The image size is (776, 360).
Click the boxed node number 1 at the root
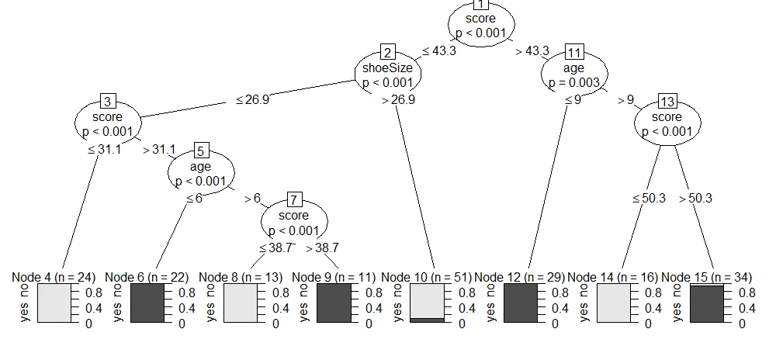coord(480,4)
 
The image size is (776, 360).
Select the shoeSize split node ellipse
coord(387,75)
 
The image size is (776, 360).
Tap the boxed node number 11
coord(574,53)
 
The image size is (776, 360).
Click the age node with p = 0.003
coord(574,75)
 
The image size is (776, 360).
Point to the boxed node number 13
coord(667,102)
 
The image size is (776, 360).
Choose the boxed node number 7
coord(294,199)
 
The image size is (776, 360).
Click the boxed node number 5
coord(200,151)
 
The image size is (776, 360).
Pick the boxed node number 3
coord(108,102)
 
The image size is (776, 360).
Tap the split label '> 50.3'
coord(695,199)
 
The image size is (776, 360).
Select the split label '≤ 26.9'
coord(253,99)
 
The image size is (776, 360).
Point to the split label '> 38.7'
coord(322,248)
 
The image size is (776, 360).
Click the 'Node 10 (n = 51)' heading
coord(427,277)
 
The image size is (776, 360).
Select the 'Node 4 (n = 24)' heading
coord(54,277)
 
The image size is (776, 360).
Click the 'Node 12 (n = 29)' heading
coord(520,277)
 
